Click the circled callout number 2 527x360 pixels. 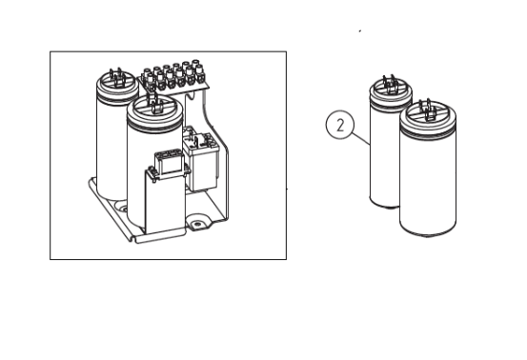click(x=340, y=125)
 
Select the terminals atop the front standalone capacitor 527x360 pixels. click(x=429, y=110)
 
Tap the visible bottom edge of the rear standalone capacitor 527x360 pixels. click(x=384, y=204)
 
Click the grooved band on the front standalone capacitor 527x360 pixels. click(x=428, y=131)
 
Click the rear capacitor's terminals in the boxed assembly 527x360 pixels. click(x=116, y=78)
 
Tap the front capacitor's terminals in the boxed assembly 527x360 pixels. click(x=153, y=103)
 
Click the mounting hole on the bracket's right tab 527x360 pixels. click(x=197, y=224)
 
